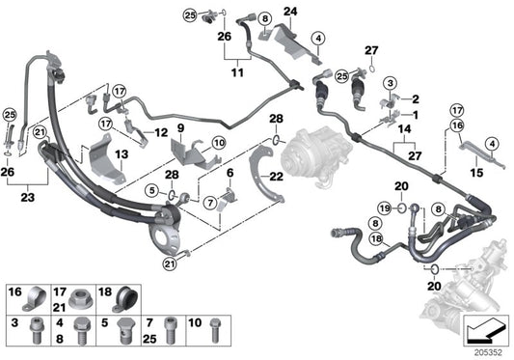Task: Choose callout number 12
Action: [x=162, y=131]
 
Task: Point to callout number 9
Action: [x=179, y=127]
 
